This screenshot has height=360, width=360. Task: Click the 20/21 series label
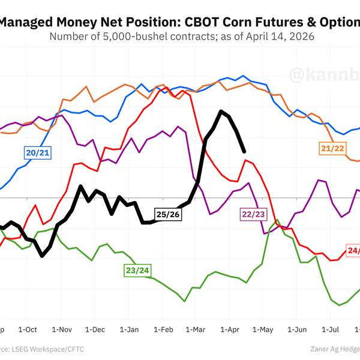coord(37,152)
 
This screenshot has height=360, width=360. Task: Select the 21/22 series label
coord(332,148)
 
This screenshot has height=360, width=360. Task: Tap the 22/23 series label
coord(253,214)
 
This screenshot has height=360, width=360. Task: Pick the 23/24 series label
coord(137,270)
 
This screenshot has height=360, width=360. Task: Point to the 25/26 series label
coord(167,214)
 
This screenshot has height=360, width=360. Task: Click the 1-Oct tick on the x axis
coord(28,329)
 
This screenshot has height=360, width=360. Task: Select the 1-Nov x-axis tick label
coord(62,329)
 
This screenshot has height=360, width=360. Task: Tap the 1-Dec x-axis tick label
coord(95,329)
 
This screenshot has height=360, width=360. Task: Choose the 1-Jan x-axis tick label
coord(130,329)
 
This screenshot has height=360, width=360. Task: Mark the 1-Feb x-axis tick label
coord(163,329)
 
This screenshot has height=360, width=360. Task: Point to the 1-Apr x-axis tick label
coord(229,329)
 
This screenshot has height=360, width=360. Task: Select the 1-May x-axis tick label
coord(263,329)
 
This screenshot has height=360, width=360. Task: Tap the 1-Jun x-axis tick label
coord(297,329)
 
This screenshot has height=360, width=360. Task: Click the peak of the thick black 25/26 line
coord(221,111)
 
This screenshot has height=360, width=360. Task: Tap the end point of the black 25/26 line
coord(244,151)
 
